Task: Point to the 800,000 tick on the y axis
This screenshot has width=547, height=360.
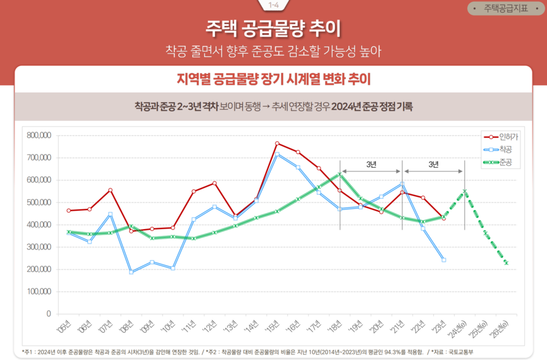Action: point(39,135)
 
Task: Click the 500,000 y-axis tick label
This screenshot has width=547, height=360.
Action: point(39,202)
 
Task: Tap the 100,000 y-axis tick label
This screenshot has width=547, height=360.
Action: point(39,292)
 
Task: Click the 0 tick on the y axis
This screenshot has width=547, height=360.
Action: point(47,314)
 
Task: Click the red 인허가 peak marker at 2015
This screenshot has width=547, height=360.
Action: point(277,144)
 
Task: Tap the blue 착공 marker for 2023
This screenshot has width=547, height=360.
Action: point(444,260)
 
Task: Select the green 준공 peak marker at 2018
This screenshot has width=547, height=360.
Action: point(340,174)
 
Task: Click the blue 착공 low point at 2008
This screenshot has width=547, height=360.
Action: point(131,272)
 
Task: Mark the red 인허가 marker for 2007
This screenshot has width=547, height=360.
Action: point(110,190)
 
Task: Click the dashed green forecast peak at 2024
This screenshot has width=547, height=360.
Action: point(465,191)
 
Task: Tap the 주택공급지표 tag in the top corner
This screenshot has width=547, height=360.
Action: point(505,9)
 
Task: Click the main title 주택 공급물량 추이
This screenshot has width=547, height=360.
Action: point(273,28)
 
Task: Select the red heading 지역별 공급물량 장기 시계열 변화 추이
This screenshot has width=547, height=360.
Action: point(273,79)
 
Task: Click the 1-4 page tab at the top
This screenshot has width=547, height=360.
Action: point(273,5)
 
